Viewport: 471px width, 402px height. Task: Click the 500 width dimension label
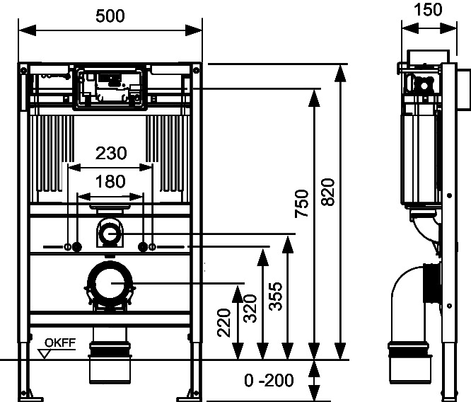click(110, 16)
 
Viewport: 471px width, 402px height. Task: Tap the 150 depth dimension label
click(428, 10)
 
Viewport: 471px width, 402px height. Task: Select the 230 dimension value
click(111, 153)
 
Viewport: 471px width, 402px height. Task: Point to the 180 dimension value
click(110, 182)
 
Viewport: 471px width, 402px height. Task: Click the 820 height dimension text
click(327, 192)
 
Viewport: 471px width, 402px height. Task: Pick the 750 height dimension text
click(301, 203)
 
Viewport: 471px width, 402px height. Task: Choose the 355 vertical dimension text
click(276, 296)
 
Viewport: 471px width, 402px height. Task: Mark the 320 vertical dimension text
click(250, 309)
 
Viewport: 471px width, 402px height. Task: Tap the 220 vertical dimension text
click(224, 323)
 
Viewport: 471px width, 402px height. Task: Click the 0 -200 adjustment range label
click(269, 380)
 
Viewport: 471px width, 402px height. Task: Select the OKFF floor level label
click(60, 343)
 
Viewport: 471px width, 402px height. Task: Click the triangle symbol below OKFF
click(45, 354)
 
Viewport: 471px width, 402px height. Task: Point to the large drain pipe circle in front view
click(110, 283)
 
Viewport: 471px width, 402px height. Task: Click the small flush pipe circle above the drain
click(110, 234)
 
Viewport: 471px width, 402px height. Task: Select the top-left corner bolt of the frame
click(23, 71)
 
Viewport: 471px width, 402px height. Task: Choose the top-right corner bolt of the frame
click(196, 71)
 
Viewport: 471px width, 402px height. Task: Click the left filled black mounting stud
click(77, 247)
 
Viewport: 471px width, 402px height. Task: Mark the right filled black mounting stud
click(143, 247)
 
